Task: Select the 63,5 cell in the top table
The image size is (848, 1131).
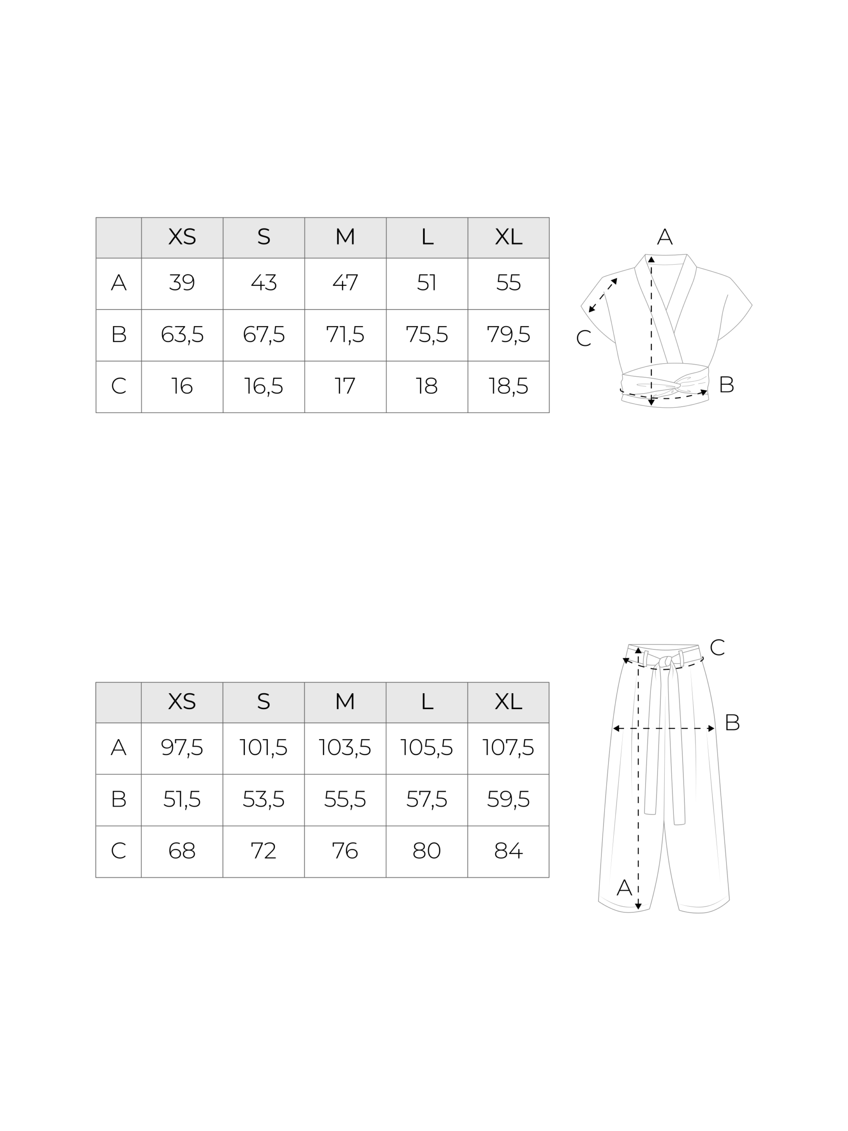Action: [x=182, y=335]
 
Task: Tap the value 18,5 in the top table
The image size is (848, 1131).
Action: [x=508, y=387]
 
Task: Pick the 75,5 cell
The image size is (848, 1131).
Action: [x=427, y=335]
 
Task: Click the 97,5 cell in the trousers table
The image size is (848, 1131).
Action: [x=182, y=748]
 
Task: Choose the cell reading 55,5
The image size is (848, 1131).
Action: [x=345, y=800]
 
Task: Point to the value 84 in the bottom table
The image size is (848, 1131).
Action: [x=508, y=851]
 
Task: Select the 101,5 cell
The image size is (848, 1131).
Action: [x=263, y=748]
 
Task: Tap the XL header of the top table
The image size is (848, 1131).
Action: [x=508, y=237]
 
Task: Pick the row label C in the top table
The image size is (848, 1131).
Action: [x=119, y=387]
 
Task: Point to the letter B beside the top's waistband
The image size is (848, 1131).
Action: [x=726, y=384]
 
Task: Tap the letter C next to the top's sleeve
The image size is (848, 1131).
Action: [x=584, y=338]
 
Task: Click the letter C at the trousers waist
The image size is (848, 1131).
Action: [x=717, y=647]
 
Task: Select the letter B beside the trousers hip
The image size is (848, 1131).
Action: [x=732, y=722]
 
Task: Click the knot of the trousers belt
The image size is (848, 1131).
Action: [x=665, y=662]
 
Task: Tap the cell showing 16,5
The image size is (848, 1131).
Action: [x=263, y=387]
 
